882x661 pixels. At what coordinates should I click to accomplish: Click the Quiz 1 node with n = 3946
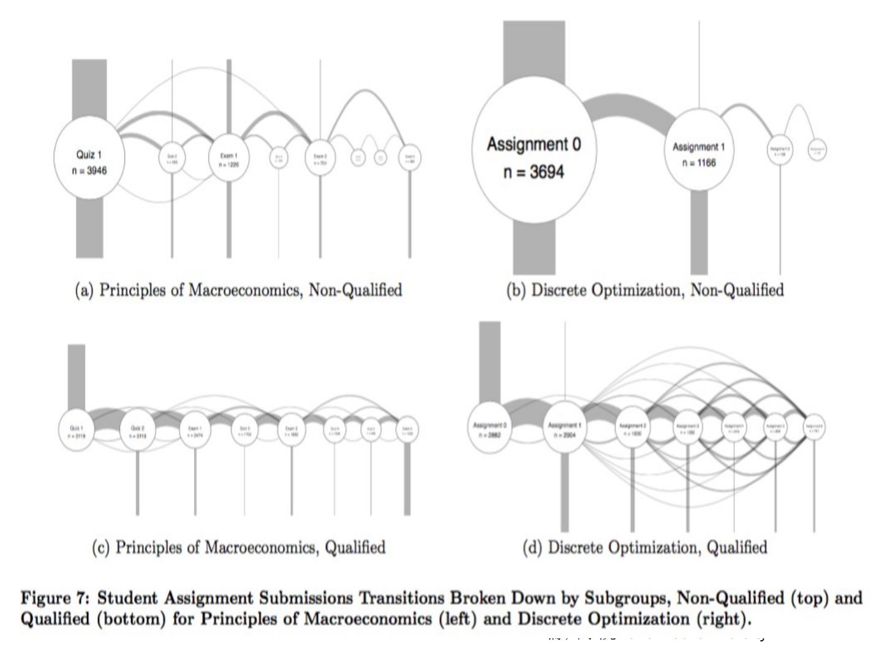pyautogui.click(x=89, y=158)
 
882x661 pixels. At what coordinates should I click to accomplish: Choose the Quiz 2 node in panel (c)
pyautogui.click(x=138, y=431)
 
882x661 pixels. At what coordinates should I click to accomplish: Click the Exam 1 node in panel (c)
pyautogui.click(x=195, y=431)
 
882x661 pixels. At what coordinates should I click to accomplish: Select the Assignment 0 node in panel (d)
pyautogui.click(x=491, y=428)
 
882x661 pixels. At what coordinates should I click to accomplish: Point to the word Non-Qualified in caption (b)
pyautogui.click(x=736, y=290)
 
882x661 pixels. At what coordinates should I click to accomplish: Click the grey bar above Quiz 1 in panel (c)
pyautogui.click(x=77, y=376)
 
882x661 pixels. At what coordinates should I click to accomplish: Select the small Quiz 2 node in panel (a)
pyautogui.click(x=172, y=159)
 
